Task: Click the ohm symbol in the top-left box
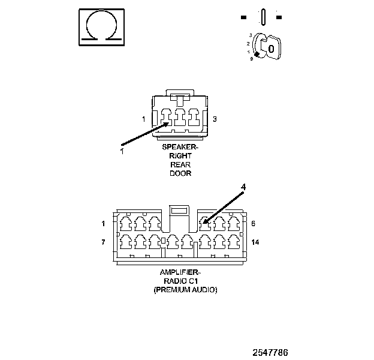coord(102,26)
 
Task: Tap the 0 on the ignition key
coord(271,48)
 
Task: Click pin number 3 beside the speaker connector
coord(215,119)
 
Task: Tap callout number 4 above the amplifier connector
coord(243,187)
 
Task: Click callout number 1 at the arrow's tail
coord(121,151)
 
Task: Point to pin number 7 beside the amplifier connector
coord(104,242)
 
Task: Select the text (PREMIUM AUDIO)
coord(185,290)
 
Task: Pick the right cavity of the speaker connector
coord(193,118)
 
